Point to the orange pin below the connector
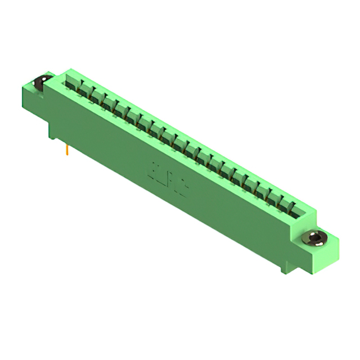coord(67,150)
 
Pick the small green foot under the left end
coord(52,134)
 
